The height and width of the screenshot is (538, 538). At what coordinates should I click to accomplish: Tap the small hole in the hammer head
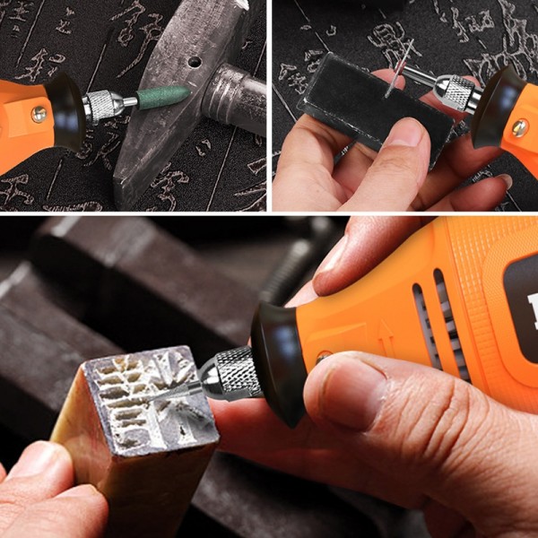tap(194, 62)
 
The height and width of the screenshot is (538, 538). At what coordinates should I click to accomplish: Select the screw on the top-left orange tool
tap(39, 114)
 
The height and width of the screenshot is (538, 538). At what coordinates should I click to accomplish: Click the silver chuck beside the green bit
tap(104, 106)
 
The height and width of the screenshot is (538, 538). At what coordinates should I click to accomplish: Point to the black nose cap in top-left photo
tap(63, 108)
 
